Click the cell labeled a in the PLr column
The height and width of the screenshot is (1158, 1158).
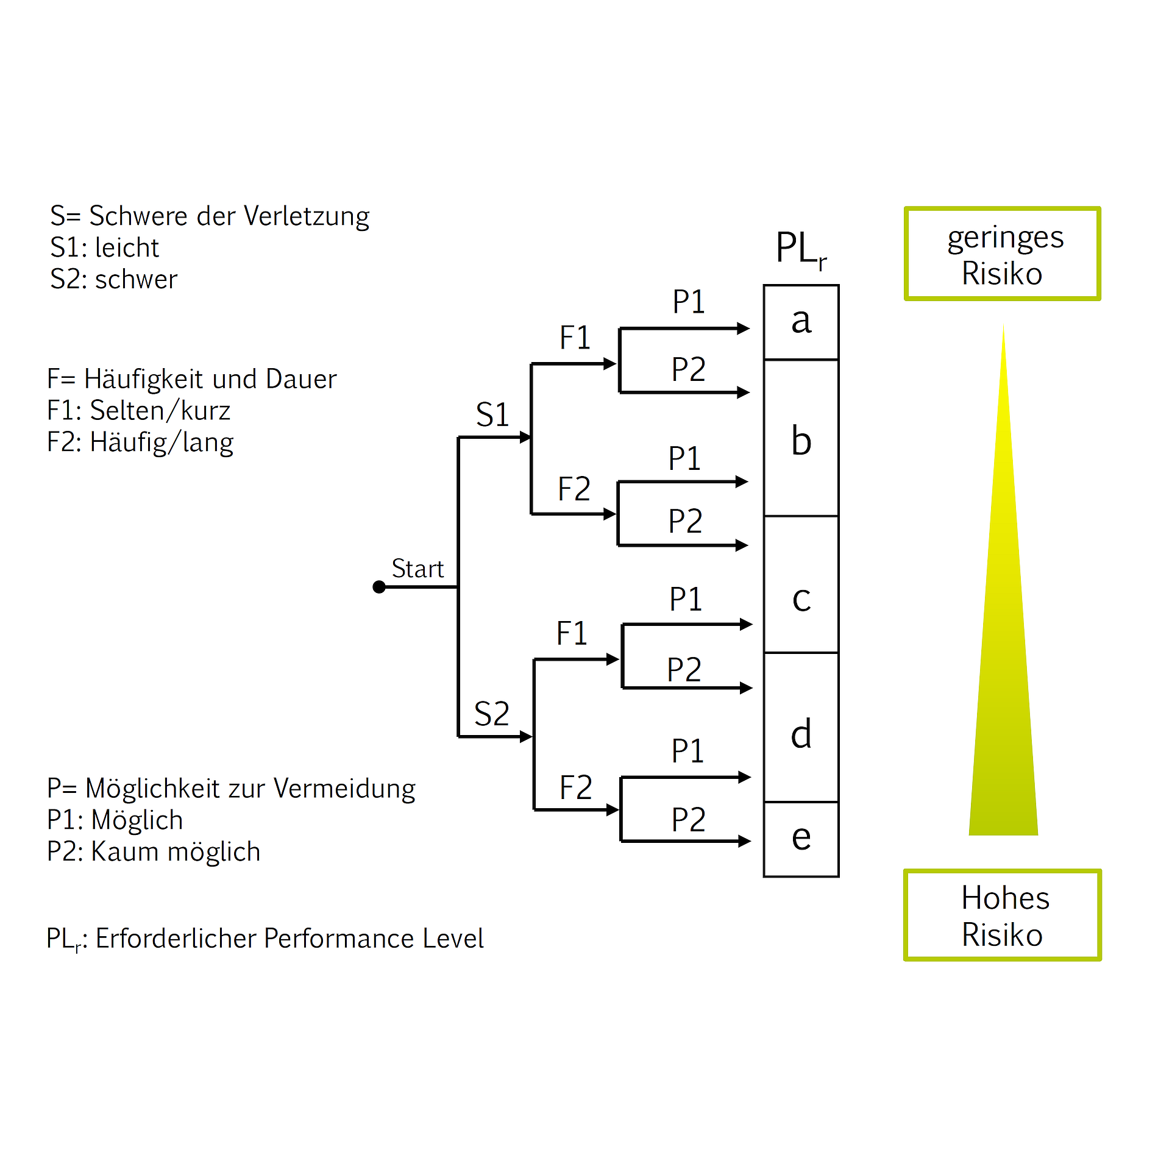801,322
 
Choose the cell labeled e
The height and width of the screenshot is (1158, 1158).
801,839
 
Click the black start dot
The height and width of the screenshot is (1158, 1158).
379,587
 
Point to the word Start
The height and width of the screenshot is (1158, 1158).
417,569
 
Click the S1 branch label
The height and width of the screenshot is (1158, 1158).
492,415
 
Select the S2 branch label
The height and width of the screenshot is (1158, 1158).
491,714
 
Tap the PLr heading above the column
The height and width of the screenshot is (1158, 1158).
800,249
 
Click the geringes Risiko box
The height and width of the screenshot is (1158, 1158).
1003,254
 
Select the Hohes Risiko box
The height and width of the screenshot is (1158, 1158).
1003,915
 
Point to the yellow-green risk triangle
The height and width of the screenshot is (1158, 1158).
1003,670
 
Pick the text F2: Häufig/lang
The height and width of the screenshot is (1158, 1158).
140,442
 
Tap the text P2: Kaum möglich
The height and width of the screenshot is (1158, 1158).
154,851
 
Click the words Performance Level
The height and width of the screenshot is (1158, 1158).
374,939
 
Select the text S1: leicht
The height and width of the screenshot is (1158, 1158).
104,248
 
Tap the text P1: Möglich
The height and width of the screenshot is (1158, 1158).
115,820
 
